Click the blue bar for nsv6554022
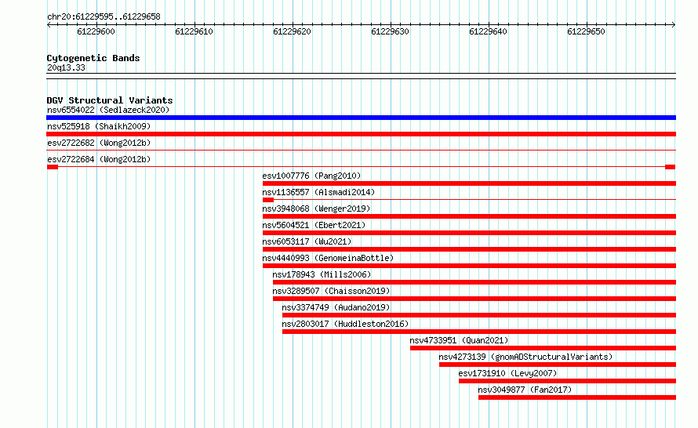[361, 118]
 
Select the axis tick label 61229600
[96, 31]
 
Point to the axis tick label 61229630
[390, 31]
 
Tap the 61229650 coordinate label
[586, 31]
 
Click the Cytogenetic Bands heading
[93, 58]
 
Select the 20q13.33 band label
[66, 67]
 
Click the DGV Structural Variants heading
[110, 100]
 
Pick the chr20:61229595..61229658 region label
[104, 16]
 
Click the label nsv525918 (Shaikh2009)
[99, 126]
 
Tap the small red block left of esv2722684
[52, 167]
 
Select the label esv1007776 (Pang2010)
[311, 176]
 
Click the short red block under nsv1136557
[268, 200]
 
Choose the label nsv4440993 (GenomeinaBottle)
[328, 258]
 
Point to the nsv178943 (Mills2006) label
[322, 274]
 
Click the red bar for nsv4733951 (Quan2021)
[543, 348]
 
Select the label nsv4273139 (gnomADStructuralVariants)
[525, 357]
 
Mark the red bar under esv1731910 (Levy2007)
[568, 381]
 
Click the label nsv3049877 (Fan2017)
[525, 390]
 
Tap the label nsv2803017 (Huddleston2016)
[345, 324]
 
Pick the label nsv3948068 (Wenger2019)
[316, 209]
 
